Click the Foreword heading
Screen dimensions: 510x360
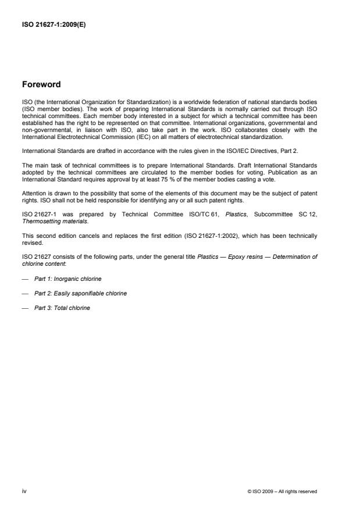click(x=41, y=84)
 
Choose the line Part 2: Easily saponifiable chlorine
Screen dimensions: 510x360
click(x=80, y=294)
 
